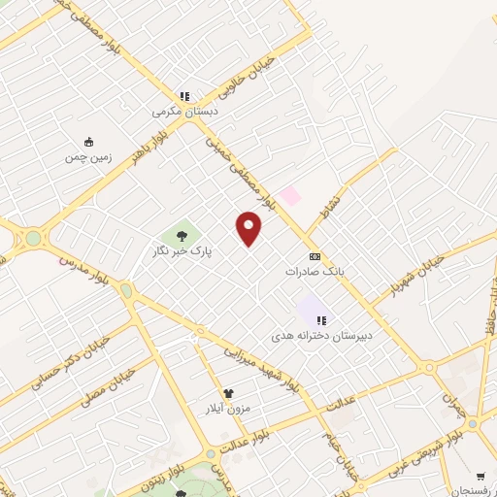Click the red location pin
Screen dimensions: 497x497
[249, 227]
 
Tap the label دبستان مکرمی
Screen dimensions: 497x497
[185, 112]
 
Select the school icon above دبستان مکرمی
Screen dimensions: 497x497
[184, 96]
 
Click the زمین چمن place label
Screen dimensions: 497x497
[88, 156]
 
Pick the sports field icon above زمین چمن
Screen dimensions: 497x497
[88, 141]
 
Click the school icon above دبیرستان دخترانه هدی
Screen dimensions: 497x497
[321, 319]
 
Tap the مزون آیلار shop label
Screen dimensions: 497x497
[229, 408]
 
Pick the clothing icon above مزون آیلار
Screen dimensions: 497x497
[229, 393]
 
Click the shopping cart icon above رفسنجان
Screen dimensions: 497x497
[480, 476]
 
